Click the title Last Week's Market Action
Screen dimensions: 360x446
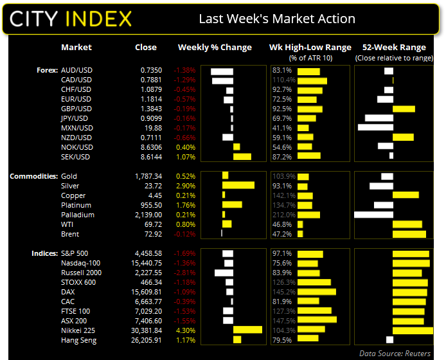click(277, 19)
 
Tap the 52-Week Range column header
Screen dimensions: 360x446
click(394, 48)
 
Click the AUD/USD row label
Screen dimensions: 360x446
click(76, 70)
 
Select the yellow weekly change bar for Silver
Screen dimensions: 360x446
click(238, 186)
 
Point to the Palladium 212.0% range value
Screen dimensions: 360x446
click(284, 215)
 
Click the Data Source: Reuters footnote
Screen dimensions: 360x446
click(398, 353)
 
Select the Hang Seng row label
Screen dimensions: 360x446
click(78, 340)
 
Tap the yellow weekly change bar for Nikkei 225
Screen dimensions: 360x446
click(247, 330)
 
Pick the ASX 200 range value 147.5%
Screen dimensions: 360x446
click(283, 321)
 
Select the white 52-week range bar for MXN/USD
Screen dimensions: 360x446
click(375, 128)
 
